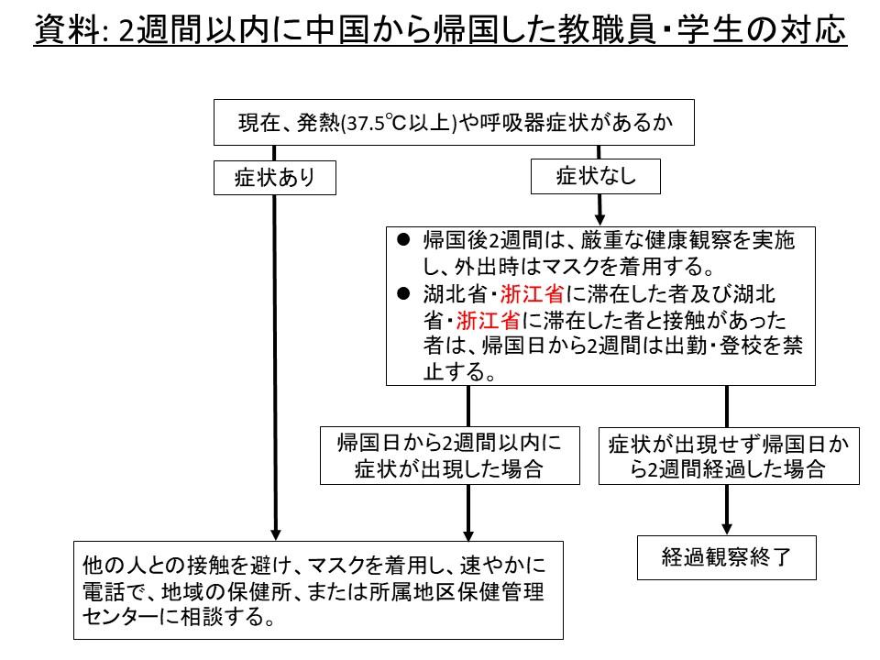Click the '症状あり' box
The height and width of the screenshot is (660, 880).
click(x=274, y=178)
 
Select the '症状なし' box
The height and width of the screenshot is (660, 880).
click(x=596, y=177)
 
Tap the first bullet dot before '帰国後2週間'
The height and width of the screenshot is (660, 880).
click(x=402, y=240)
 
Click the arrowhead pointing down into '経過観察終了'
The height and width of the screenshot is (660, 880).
click(x=726, y=528)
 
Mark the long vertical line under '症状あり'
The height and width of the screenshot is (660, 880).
click(x=274, y=367)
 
